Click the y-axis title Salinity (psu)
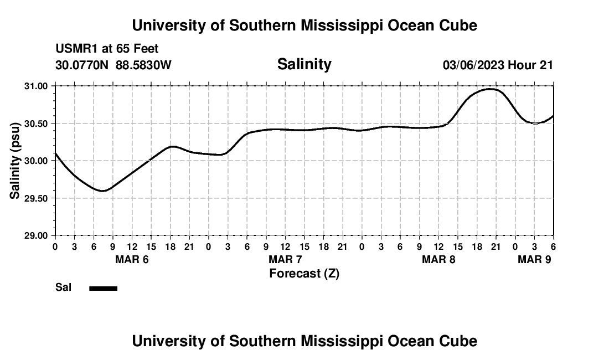tap(16, 161)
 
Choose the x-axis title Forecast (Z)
tap(304, 274)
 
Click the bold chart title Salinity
tap(304, 64)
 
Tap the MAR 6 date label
tap(132, 259)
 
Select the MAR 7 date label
tap(285, 259)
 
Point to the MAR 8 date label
tap(438, 259)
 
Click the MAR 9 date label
tap(534, 259)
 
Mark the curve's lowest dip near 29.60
tap(102, 191)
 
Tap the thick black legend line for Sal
tap(104, 288)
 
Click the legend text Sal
tap(63, 287)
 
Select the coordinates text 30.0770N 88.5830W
tap(113, 65)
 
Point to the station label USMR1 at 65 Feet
tap(107, 49)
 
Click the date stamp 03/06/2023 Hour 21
tap(498, 65)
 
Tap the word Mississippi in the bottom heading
tap(339, 341)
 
